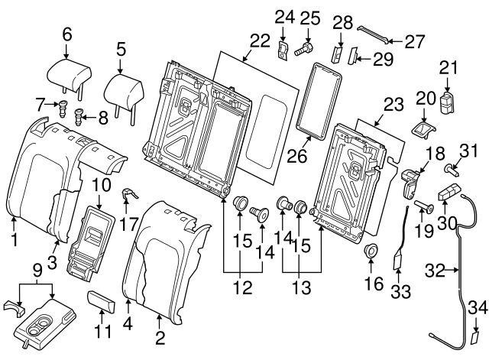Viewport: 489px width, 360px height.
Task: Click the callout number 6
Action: click(66, 34)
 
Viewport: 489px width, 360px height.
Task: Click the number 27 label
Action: click(413, 41)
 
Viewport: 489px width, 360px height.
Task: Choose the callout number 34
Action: click(476, 307)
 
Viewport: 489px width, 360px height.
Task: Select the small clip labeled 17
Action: click(128, 196)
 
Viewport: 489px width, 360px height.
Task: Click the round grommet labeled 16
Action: click(372, 251)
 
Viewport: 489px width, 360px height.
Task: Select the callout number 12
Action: click(241, 290)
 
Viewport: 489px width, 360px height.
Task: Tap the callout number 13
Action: click(300, 290)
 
